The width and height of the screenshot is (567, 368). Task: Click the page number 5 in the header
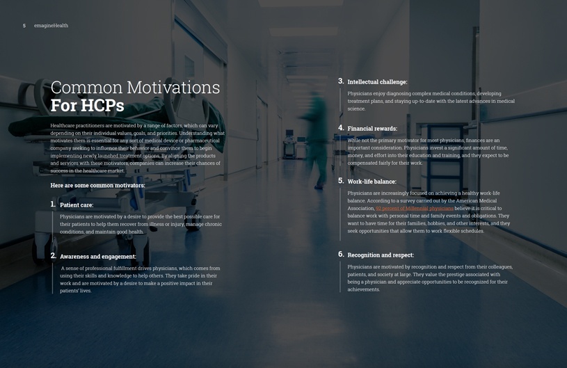(24, 26)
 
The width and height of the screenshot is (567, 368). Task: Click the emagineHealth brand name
(51, 26)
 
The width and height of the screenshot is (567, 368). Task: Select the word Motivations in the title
(173, 88)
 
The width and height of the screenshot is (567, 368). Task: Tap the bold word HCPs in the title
(102, 106)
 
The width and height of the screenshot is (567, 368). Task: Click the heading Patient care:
(77, 205)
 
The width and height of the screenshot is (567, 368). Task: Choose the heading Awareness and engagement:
(98, 257)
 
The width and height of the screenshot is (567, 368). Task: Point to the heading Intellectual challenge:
(377, 82)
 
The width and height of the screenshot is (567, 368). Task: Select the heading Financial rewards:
(372, 129)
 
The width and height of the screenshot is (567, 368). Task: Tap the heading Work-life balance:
(372, 182)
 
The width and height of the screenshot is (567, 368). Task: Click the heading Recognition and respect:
(381, 255)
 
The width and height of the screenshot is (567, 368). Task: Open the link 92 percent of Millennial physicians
(415, 209)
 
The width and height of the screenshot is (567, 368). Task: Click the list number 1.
(53, 205)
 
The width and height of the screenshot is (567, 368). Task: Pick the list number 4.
(341, 128)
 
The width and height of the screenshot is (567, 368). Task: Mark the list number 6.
(341, 255)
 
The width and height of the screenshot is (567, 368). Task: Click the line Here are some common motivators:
(97, 186)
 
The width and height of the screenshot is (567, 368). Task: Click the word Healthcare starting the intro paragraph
(62, 126)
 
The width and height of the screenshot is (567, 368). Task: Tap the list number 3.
(341, 81)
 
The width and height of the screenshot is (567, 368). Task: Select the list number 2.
(53, 256)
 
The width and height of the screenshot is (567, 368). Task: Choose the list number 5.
(341, 181)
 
